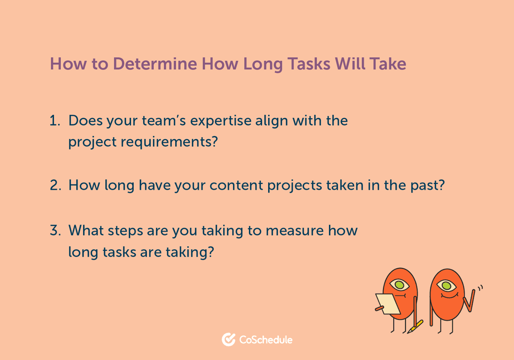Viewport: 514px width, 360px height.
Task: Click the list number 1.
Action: pos(54,121)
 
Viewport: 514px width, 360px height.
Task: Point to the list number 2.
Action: pos(55,186)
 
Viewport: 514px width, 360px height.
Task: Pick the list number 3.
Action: pos(55,231)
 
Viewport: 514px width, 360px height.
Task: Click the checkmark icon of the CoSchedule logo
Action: pos(228,339)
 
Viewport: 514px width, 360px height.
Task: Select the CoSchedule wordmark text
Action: pos(266,340)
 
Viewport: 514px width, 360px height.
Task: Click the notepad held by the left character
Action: pos(387,303)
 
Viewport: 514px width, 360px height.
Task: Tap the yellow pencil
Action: pos(415,326)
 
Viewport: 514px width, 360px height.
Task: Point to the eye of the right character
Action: pos(446,285)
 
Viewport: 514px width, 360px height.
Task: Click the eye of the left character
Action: pos(399,284)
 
